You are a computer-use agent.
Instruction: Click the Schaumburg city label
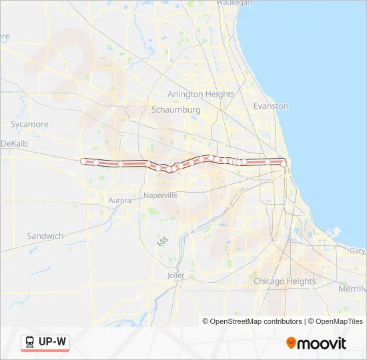[x=176, y=109]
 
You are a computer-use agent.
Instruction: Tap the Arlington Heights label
[x=201, y=95]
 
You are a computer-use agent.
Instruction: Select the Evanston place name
[x=271, y=106]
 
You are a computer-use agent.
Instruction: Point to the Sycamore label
[x=29, y=125]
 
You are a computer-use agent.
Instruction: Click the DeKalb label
[x=14, y=143]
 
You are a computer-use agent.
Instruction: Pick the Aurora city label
[x=119, y=200]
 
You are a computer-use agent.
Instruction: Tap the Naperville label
[x=160, y=195]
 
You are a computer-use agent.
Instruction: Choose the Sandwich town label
[x=45, y=236]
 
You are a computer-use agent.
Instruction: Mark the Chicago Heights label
[x=285, y=281]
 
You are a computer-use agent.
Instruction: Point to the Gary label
[x=357, y=251]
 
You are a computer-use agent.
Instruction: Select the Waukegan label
[x=234, y=3]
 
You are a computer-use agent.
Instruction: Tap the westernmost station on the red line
[x=83, y=161]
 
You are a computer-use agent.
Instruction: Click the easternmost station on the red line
[x=284, y=163]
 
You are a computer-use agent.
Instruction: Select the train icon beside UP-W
[x=29, y=342]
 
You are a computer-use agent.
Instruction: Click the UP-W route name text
[x=52, y=342]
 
